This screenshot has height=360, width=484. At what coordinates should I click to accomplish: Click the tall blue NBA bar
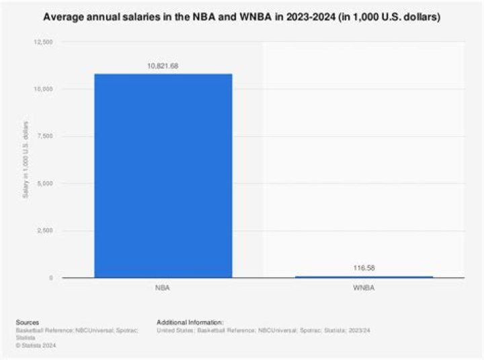(x=163, y=175)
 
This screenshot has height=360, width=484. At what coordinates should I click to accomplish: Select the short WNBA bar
(x=364, y=277)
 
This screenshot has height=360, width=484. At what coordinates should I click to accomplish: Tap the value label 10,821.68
(x=163, y=66)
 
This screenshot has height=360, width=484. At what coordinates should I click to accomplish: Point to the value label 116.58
(x=364, y=268)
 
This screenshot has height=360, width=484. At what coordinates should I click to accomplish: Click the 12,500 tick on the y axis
(x=44, y=42)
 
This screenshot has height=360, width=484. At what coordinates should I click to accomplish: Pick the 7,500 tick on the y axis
(x=46, y=137)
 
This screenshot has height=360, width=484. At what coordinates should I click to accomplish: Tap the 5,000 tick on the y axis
(x=46, y=184)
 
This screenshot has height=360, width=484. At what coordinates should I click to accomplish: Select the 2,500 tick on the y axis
(x=46, y=231)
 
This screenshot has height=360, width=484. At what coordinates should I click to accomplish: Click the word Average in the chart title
(x=63, y=17)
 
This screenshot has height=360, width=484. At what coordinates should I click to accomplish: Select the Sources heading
(x=28, y=322)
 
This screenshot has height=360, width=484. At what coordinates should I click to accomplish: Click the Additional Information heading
(x=190, y=322)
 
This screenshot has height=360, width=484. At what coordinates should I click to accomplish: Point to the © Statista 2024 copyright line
(x=36, y=345)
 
